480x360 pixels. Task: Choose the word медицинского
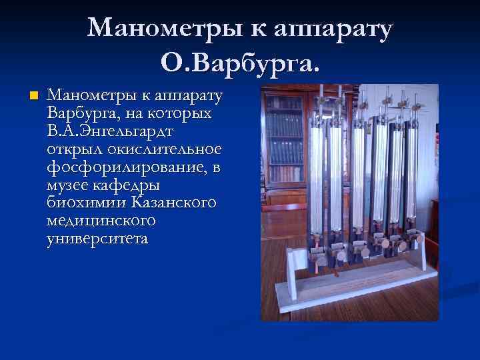[x=101, y=219]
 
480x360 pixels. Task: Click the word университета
[x=97, y=237]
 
